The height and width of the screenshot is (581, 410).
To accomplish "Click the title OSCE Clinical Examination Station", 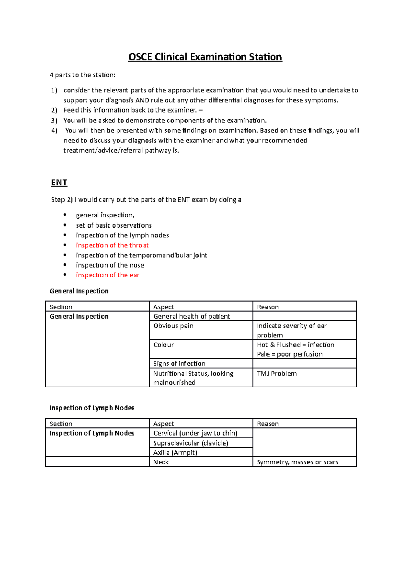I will coord(205,57).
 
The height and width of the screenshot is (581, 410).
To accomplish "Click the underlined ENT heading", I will coord(59,183).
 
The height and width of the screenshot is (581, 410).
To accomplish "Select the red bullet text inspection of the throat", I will coord(112,245).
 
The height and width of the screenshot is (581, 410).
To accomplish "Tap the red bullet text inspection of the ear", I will coord(108,275).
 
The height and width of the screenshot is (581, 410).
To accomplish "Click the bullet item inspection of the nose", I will coord(110,265).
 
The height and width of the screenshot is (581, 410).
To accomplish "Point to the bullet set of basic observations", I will coord(113,225).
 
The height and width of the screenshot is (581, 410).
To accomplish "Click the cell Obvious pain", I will coord(173,326).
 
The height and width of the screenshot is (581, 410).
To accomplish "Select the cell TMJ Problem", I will coord(277,374).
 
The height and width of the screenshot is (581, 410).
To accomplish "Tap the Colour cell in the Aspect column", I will coord(163,345).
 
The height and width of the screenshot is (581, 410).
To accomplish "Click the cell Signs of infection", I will coord(179,364).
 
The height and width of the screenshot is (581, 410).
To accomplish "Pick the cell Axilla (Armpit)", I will coord(175,453).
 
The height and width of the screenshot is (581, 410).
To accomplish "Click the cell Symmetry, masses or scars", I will coord(297,462).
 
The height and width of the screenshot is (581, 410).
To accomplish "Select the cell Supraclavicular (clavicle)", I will coord(191,443).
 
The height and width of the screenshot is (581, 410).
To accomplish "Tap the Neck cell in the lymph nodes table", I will coord(161,462).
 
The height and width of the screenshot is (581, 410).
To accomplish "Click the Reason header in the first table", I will coord(268,307).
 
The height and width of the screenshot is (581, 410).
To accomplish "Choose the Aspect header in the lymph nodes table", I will coord(163,424).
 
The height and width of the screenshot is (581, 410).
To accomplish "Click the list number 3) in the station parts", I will coord(54,120).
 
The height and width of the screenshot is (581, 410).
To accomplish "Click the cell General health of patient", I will coord(191,317).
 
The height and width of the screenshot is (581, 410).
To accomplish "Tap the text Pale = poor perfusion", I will coord(289,354).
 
